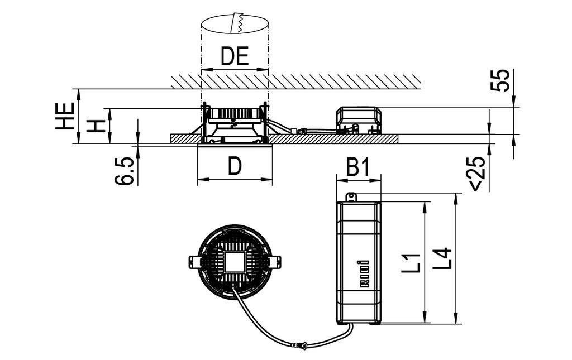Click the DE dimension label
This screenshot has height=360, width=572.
coord(235,57)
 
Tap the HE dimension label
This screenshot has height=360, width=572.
coord(65,116)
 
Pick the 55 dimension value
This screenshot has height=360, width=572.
coord(500,80)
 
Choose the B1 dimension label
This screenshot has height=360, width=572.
coord(358,167)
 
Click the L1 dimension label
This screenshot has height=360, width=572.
coord(411,263)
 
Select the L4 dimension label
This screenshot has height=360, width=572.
coord(443,259)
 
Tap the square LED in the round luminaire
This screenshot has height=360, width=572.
coord(235,261)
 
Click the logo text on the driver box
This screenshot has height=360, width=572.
coord(363,273)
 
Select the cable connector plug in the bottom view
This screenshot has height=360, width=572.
coord(303,346)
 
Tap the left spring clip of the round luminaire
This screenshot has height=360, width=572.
coord(195,261)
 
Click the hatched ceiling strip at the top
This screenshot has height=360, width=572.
coord(296,81)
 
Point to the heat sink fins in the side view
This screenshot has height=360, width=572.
coord(235,113)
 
